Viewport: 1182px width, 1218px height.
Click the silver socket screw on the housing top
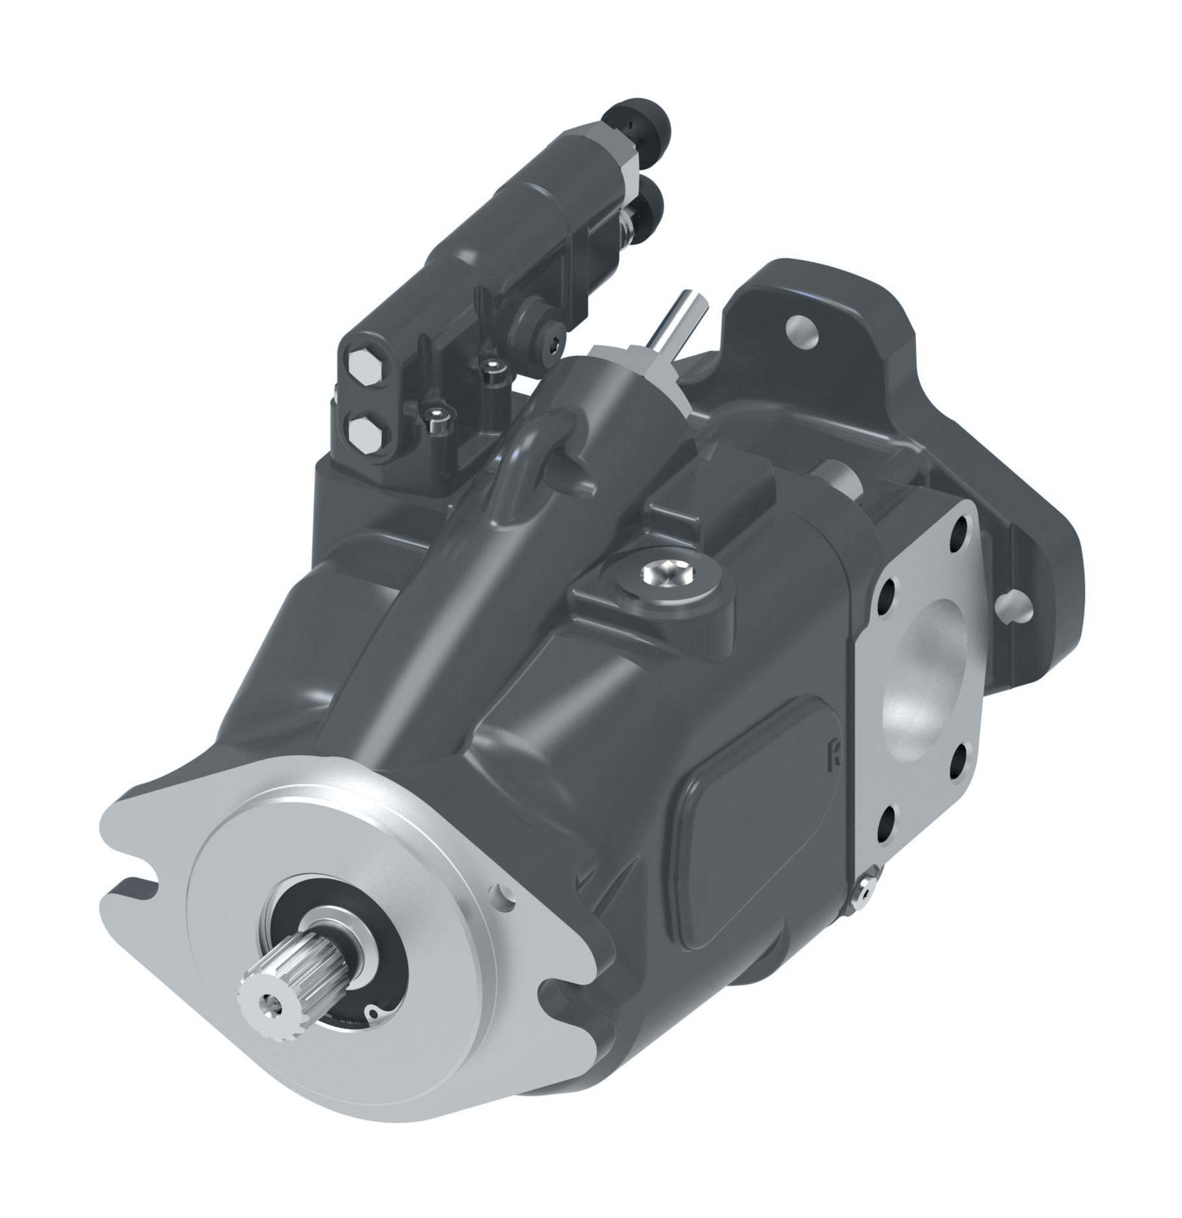point(663,572)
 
